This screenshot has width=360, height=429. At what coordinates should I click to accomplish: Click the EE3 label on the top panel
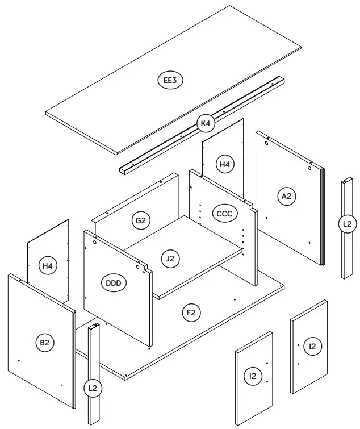[170, 80]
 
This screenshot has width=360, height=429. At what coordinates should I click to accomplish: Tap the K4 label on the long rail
[205, 123]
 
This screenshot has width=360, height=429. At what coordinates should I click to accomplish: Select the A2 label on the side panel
[287, 196]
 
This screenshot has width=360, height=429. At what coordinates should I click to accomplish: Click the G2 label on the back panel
[141, 220]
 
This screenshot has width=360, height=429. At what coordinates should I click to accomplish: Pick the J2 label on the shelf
[170, 259]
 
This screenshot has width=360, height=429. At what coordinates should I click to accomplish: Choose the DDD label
[115, 282]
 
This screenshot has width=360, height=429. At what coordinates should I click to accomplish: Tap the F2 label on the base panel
[191, 312]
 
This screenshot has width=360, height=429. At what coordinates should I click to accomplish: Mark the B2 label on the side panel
[44, 343]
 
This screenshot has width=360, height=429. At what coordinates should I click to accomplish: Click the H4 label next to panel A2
[225, 164]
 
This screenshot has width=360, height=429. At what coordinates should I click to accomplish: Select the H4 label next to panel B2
[48, 265]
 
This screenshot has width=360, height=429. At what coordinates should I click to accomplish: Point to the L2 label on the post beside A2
[347, 224]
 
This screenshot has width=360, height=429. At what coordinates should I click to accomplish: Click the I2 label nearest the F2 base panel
[253, 376]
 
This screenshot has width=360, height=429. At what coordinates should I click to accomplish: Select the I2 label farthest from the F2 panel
[312, 346]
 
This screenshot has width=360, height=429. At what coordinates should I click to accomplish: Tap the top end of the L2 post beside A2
[347, 182]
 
